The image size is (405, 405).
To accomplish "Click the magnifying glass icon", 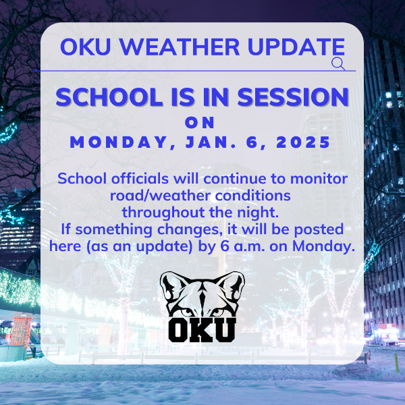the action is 338,64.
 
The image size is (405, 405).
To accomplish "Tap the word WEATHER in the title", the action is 180,47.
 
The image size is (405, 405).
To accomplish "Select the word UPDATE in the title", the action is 296,47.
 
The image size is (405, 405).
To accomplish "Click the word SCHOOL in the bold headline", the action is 109,97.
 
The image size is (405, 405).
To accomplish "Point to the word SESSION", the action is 293,97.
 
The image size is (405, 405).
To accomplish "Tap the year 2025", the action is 303,142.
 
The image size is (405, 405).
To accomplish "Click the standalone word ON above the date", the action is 200,122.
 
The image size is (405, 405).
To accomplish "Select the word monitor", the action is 319,178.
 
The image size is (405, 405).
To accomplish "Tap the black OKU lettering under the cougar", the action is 202,330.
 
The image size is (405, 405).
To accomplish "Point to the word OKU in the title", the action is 86,47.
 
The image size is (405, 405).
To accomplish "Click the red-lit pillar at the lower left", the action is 21,331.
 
